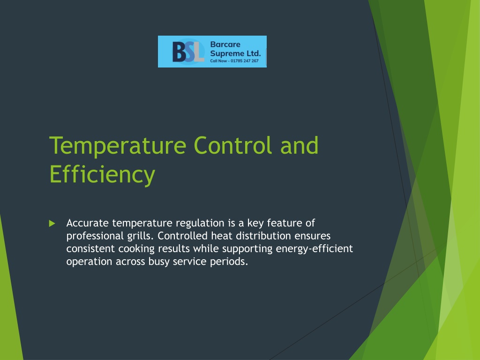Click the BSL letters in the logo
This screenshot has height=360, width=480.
[x=188, y=52]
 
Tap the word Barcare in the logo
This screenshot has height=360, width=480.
[x=225, y=45]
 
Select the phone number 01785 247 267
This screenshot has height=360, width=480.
[x=245, y=61]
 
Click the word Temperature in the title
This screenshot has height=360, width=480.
[x=118, y=147]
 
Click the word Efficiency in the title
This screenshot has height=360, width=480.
[x=102, y=175]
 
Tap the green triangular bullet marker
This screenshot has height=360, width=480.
[x=52, y=224]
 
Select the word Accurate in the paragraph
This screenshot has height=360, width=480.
[x=87, y=223]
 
